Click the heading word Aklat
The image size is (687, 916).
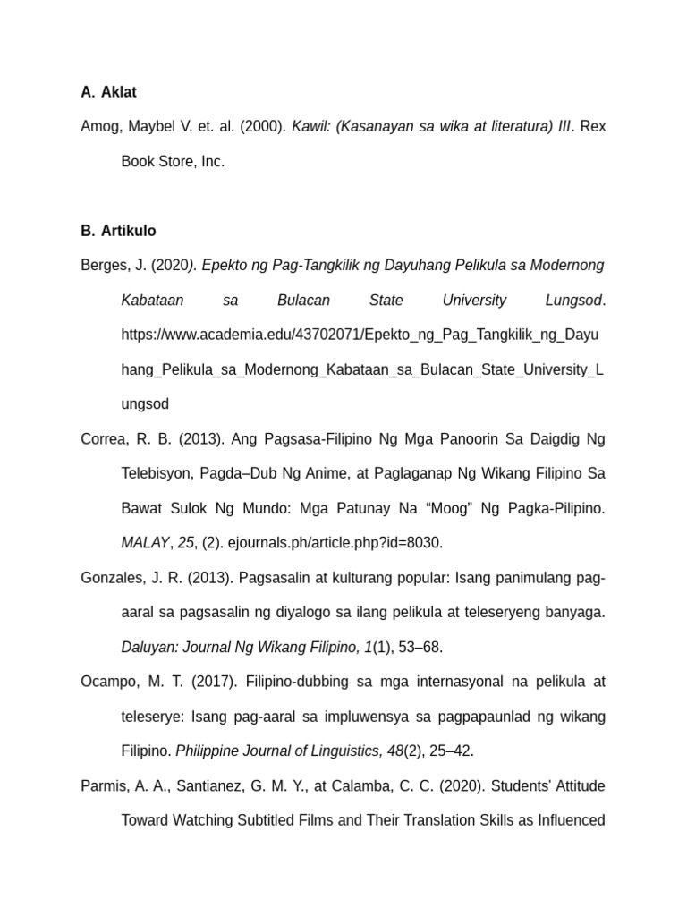tap(119, 92)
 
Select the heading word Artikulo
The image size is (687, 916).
tap(128, 231)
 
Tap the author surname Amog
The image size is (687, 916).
tap(98, 127)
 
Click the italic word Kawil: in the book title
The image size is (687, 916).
tap(311, 127)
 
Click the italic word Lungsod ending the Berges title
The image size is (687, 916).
tap(573, 301)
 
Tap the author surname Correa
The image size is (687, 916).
tap(104, 439)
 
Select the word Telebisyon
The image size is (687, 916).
tap(157, 473)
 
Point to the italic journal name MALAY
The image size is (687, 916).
tap(144, 543)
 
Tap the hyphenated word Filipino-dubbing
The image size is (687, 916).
tap(287, 682)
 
